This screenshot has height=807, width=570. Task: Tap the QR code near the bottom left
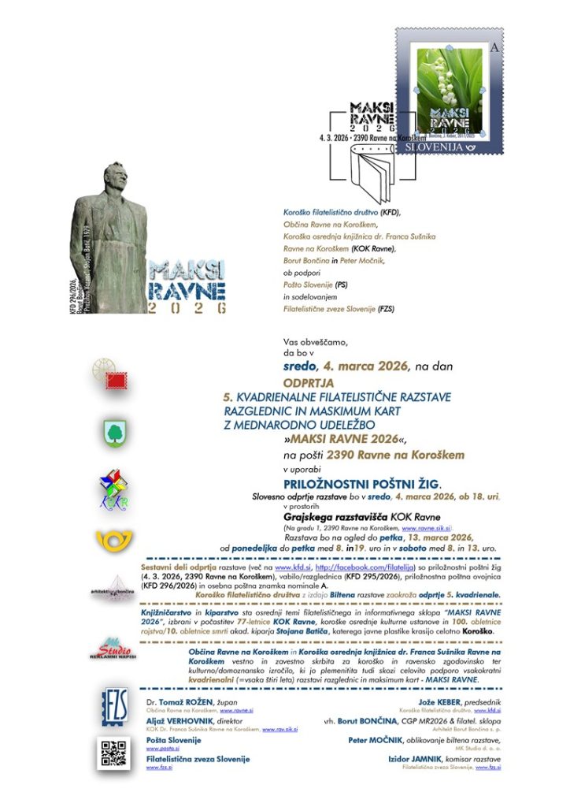tap(114, 753)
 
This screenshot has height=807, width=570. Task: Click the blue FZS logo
tap(115, 705)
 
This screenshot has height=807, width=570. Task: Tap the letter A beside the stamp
tap(494, 48)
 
